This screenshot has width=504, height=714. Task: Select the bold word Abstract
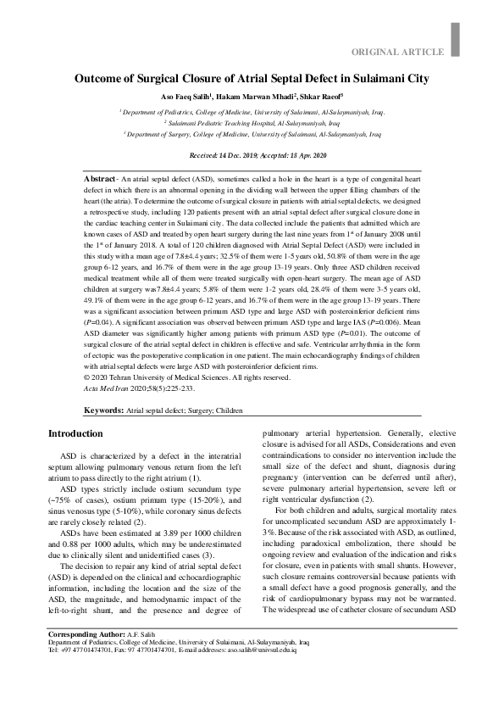101,181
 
